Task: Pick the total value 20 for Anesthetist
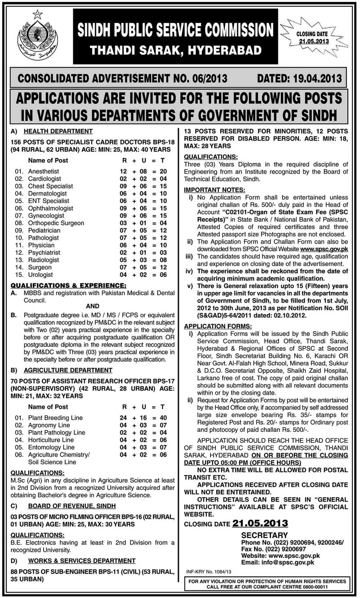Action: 163,172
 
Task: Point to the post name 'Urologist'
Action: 41,274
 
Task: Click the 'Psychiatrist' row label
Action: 44,253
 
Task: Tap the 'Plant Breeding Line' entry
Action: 55,417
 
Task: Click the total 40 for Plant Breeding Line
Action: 163,417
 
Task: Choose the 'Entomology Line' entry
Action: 51,447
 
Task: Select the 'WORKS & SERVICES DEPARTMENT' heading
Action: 81,561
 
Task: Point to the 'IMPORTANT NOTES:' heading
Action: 214,190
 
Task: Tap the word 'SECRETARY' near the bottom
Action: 264,535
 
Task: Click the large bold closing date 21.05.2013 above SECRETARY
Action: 260,523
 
